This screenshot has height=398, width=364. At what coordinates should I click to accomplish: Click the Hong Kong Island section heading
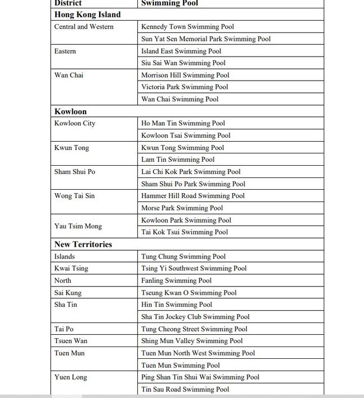pos(87,15)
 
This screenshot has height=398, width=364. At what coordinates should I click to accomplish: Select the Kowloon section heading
pos(71,111)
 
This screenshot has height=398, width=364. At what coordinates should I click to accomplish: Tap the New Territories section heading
pos(83,244)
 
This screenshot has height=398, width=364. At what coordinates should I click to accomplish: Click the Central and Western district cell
pos(84,27)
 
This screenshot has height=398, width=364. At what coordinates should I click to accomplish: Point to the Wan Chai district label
pos(68,75)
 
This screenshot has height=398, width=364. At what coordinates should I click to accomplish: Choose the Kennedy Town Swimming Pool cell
pos(188,27)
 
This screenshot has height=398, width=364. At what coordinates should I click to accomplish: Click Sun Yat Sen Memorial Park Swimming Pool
pos(206,39)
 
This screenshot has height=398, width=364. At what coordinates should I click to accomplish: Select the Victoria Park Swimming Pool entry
pos(185,87)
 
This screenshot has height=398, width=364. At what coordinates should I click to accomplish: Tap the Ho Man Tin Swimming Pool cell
pos(183,123)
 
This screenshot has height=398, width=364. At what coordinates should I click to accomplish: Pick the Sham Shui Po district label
pos(74,172)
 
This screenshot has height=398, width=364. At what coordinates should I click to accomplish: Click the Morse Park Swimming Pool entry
pos(182,208)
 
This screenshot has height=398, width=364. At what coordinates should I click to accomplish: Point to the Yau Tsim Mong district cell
pos(78,226)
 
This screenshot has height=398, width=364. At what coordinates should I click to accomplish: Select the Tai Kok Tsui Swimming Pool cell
pos(185,232)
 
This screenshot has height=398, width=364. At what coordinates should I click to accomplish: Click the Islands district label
pos(64,256)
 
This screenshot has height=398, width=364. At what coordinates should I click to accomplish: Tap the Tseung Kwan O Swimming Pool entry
pos(189,293)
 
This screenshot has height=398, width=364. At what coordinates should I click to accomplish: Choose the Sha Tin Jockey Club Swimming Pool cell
pos(195,317)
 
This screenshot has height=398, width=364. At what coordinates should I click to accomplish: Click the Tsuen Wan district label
pos(71,341)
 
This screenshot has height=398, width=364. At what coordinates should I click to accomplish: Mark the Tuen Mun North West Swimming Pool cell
pos(198,353)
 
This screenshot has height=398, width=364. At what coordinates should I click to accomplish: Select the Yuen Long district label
pos(71,377)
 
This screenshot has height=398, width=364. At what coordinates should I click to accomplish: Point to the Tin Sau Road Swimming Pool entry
pos(185,390)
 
